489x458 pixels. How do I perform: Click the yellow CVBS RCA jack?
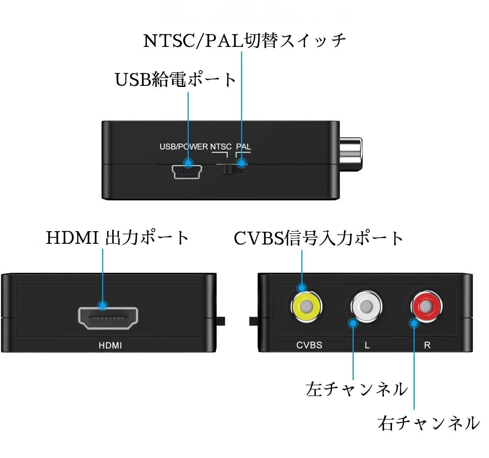[x=306, y=307]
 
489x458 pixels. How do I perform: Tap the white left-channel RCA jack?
[x=366, y=307]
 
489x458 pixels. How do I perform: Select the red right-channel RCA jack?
[x=427, y=307]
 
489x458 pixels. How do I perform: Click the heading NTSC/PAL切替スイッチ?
[x=244, y=40]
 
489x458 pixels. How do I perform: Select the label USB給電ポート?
[x=175, y=79]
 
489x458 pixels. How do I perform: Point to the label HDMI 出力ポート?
[x=117, y=238]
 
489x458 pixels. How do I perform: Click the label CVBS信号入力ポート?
[x=318, y=238]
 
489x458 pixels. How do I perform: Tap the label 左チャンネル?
[x=357, y=389]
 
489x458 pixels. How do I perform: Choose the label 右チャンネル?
[x=429, y=423]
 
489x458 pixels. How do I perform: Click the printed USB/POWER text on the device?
[x=184, y=147]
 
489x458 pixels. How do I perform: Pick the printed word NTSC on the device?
[x=221, y=147]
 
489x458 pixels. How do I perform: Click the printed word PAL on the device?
[x=243, y=147]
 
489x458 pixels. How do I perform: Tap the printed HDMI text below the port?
[x=110, y=345]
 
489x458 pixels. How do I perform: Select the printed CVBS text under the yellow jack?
[x=309, y=345]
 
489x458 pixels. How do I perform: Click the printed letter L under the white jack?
[x=367, y=345]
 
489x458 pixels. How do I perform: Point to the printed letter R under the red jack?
[x=427, y=345]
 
